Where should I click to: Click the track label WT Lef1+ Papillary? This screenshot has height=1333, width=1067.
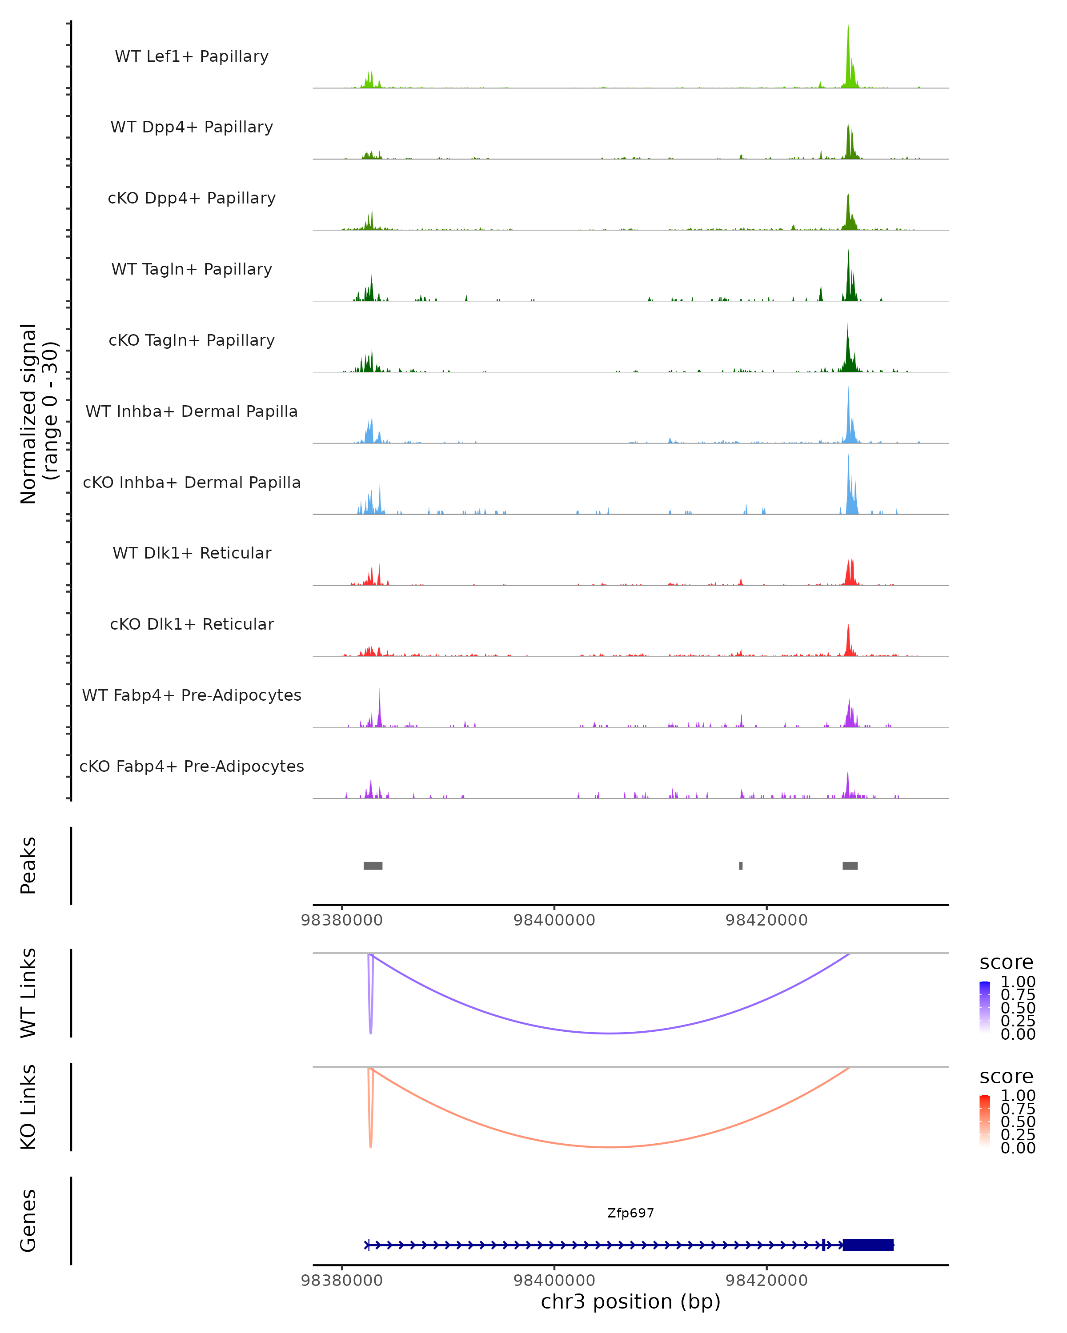[x=192, y=56]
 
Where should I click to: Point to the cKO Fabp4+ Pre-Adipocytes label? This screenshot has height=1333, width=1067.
[x=192, y=766]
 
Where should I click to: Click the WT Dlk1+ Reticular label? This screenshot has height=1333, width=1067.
[x=192, y=553]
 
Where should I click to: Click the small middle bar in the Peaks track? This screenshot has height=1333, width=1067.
[x=740, y=866]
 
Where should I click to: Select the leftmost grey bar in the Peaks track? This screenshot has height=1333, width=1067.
[x=373, y=866]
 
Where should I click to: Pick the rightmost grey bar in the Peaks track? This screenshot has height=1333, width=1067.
[x=850, y=866]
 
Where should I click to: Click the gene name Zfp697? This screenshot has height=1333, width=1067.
[x=630, y=1213]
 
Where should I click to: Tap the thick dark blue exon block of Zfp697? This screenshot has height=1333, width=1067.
[x=868, y=1245]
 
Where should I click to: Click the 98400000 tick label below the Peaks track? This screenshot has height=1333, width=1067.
[x=554, y=920]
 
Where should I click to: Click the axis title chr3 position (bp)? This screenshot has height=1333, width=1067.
[x=630, y=1301]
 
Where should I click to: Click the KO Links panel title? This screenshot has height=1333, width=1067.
[x=28, y=1107]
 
